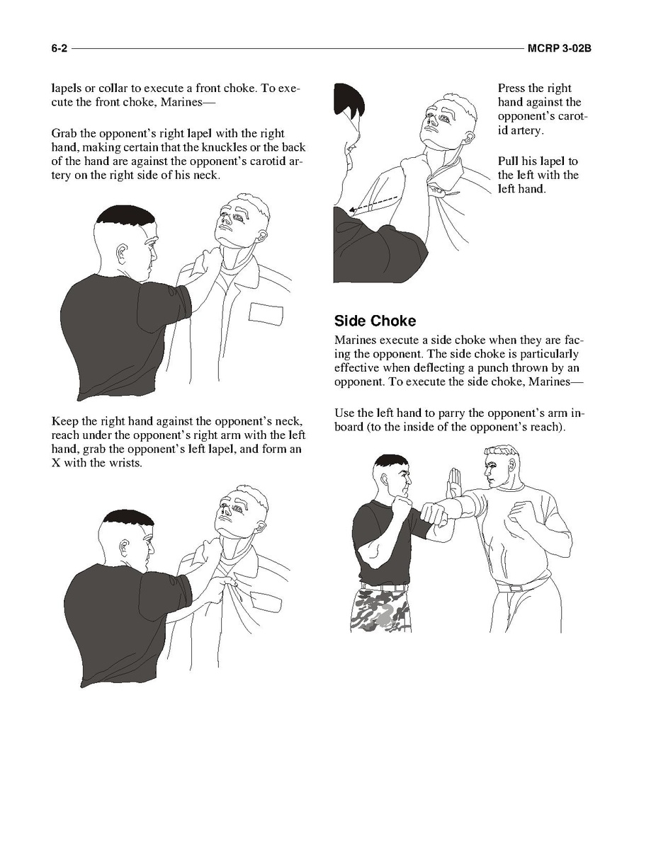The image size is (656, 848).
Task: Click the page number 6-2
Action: (x=60, y=48)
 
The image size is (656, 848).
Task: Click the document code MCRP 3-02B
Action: (x=559, y=48)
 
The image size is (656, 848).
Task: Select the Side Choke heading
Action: (x=375, y=321)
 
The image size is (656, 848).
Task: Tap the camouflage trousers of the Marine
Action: (x=381, y=609)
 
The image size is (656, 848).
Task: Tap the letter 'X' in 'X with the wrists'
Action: (x=56, y=464)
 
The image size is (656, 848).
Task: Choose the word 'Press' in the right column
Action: (x=510, y=88)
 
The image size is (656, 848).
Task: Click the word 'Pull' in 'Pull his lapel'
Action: (x=508, y=161)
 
